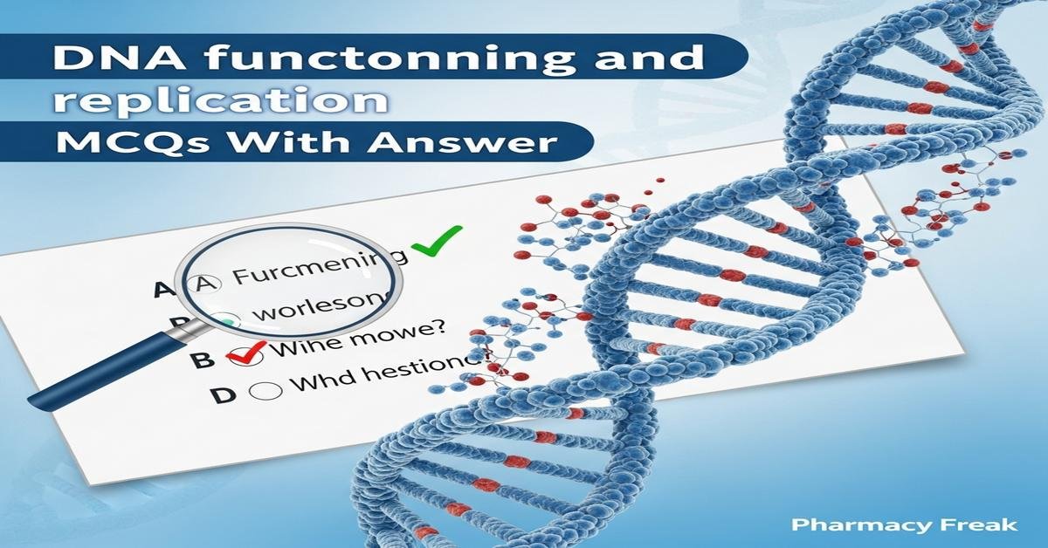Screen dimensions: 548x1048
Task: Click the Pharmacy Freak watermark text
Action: click(x=903, y=524)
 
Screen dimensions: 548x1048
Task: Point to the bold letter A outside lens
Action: click(x=162, y=289)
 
